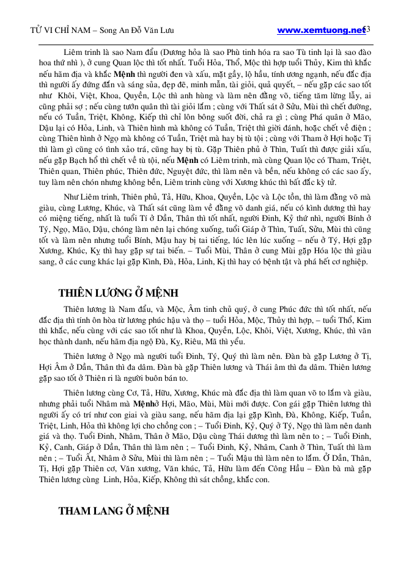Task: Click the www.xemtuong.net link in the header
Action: click(320, 29)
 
